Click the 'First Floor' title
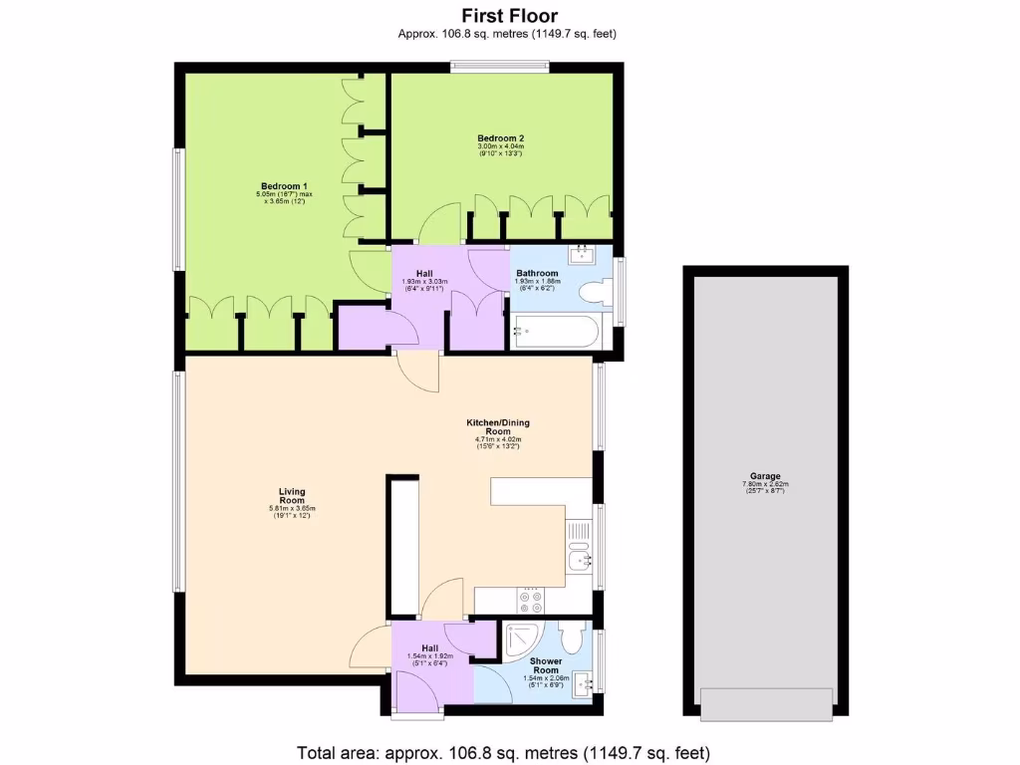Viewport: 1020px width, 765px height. tap(509, 15)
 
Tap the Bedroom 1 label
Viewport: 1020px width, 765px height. tap(282, 186)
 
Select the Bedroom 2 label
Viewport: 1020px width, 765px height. tap(500, 138)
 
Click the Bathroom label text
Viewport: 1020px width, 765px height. tap(537, 273)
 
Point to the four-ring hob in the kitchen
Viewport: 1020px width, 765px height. tap(529, 601)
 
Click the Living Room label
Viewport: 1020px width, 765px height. tap(292, 496)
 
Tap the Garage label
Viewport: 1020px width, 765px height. tap(765, 476)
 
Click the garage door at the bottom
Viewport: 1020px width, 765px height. tap(765, 704)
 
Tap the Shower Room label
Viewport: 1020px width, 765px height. tap(545, 665)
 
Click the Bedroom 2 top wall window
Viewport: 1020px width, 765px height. tap(500, 68)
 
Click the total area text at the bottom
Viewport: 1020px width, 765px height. tap(503, 752)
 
